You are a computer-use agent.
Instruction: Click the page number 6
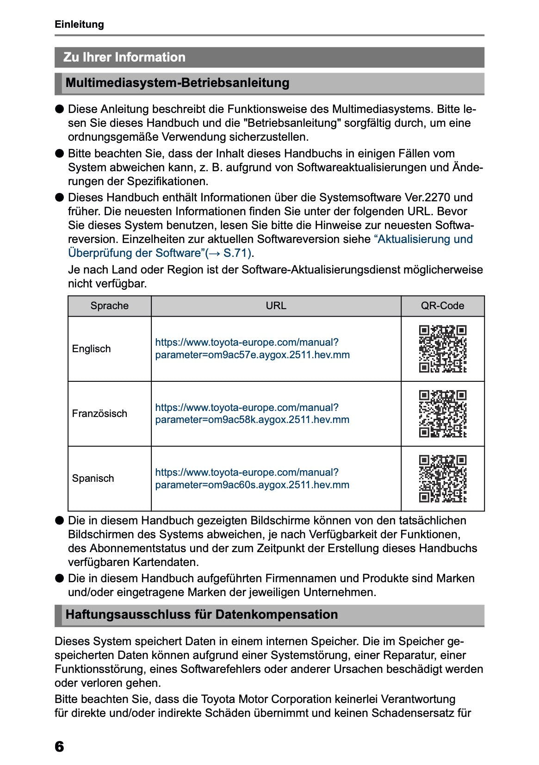[59, 746]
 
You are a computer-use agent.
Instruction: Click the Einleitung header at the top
[79, 24]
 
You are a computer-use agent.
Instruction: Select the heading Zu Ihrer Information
[124, 57]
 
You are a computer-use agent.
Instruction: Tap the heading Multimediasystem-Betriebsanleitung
[177, 83]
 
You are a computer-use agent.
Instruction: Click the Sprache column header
[110, 306]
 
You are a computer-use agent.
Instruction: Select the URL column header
[276, 306]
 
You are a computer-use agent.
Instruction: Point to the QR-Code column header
[442, 306]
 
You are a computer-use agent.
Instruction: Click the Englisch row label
[92, 349]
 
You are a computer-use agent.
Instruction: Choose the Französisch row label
[99, 414]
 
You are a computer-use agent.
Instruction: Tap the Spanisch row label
[93, 479]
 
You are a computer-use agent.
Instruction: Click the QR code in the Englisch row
[442, 349]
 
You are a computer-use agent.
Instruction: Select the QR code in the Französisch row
[442, 414]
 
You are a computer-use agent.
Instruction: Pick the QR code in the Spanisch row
[442, 479]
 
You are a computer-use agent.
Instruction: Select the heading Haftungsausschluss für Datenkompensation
[202, 615]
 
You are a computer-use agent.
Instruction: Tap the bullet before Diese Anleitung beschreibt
[59, 109]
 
